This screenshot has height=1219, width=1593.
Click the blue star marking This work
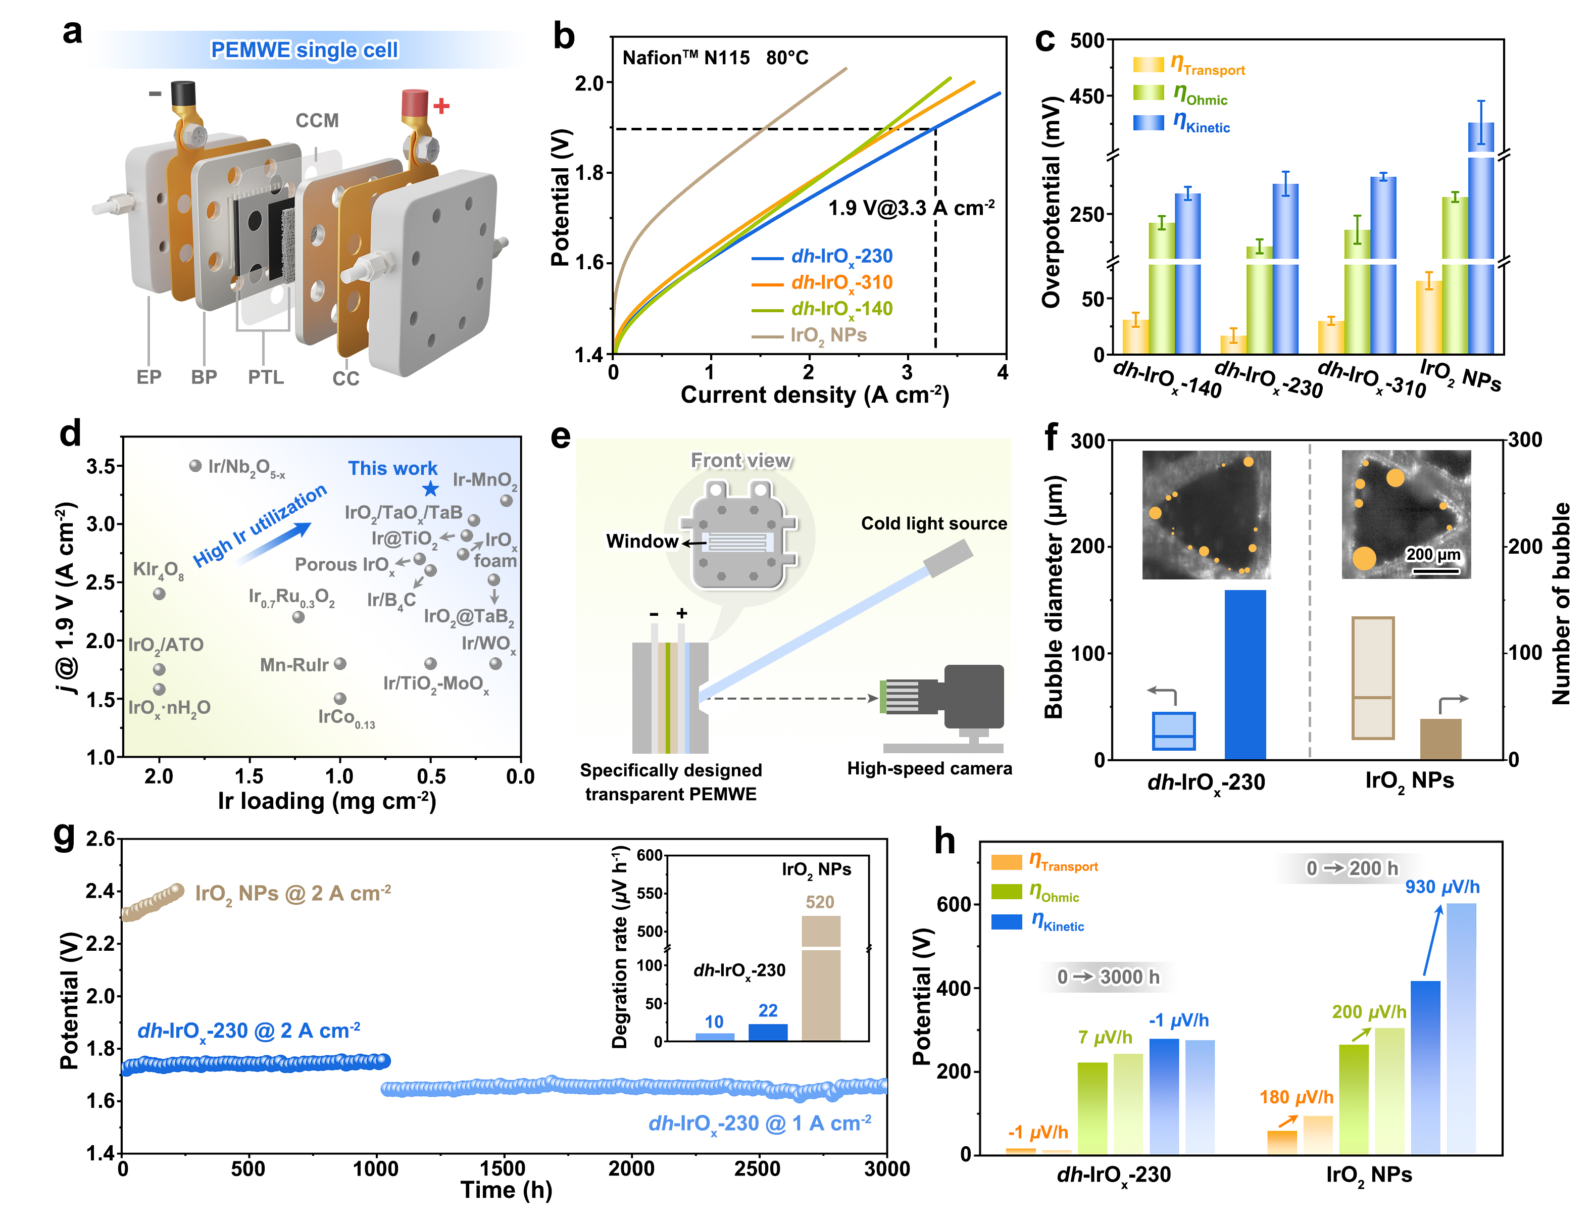(x=430, y=489)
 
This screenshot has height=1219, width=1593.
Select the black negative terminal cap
(x=183, y=93)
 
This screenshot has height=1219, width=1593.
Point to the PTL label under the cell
(x=266, y=377)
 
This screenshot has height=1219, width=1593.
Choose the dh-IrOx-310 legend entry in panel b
(x=841, y=282)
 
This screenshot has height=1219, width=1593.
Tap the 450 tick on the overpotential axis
(x=1086, y=96)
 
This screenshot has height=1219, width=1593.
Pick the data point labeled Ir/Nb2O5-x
(x=195, y=466)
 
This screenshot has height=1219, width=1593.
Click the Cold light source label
(x=933, y=523)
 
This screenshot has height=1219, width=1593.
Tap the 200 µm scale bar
(x=1435, y=570)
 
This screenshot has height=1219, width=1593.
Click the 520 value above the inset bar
(x=820, y=902)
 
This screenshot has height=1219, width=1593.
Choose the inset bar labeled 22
(x=768, y=1032)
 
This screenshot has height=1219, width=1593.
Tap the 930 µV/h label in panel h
(x=1442, y=887)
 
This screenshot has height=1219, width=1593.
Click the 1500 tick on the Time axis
(x=502, y=1168)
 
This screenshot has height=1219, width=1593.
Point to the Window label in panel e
(x=641, y=541)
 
